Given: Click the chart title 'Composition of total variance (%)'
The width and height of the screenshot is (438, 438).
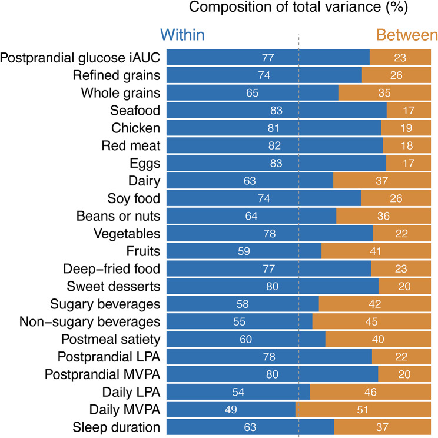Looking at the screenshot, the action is click(298, 7).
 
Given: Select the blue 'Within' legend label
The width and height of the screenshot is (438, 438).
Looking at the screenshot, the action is click(182, 35).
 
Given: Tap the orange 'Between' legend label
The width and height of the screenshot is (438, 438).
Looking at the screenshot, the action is click(407, 35).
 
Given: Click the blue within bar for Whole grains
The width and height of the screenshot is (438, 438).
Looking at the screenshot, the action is click(253, 93).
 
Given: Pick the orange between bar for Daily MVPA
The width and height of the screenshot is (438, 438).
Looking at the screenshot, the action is click(363, 410).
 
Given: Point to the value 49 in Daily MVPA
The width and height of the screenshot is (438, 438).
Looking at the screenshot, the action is click(231, 410).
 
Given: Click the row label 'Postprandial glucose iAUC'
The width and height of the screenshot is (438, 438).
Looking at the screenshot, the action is click(80, 58).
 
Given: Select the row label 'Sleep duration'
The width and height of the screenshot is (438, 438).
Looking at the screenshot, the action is click(117, 427).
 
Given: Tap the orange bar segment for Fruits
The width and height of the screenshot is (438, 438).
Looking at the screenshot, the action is click(376, 251).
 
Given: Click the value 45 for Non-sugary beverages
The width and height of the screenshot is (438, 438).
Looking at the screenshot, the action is click(371, 322).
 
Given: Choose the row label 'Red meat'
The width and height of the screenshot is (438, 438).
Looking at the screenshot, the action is click(131, 145).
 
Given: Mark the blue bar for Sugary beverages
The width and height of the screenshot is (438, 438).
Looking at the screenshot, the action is click(243, 304).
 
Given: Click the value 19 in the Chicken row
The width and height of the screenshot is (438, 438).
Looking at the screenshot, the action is click(406, 128).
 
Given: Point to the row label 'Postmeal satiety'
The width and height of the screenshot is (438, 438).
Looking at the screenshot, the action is click(111, 340).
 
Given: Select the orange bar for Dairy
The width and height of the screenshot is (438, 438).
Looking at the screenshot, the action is click(382, 181).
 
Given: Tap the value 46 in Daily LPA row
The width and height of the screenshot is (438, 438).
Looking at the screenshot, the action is click(370, 392).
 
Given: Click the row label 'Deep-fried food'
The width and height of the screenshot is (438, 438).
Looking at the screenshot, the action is click(112, 268).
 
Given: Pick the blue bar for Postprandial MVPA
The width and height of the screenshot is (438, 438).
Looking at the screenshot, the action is click(273, 374).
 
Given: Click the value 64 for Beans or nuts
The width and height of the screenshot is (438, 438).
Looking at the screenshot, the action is click(251, 216).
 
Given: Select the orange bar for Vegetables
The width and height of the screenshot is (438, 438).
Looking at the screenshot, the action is click(401, 234).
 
